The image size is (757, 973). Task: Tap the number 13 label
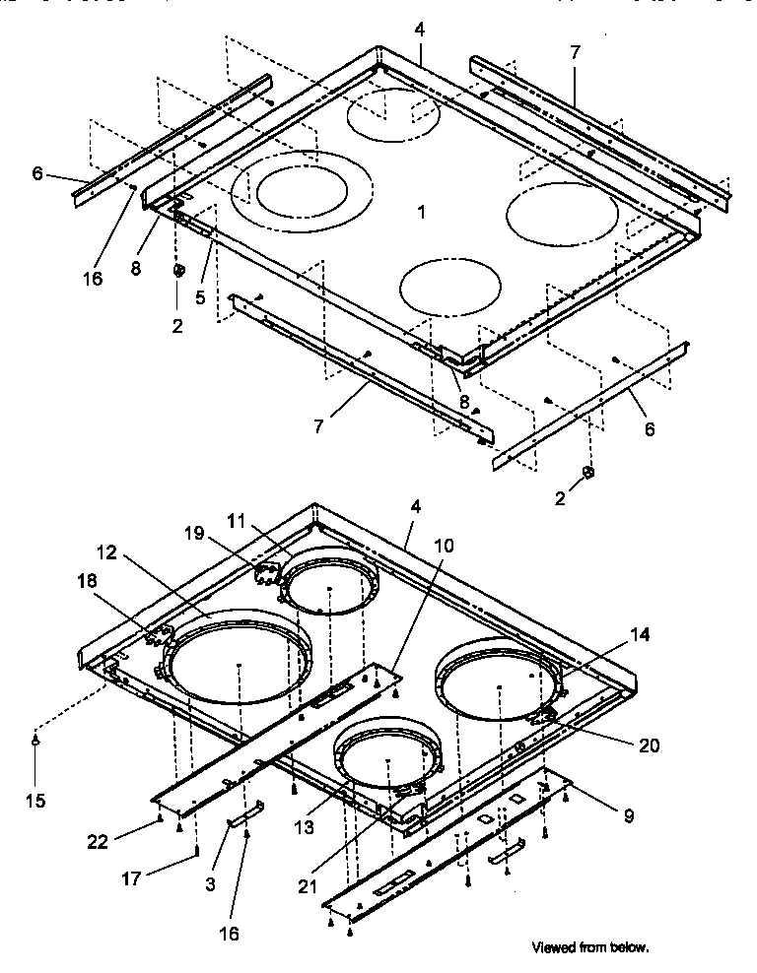click(x=307, y=828)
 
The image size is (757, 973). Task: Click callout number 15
click(x=35, y=801)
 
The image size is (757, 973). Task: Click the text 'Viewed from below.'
click(x=590, y=947)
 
